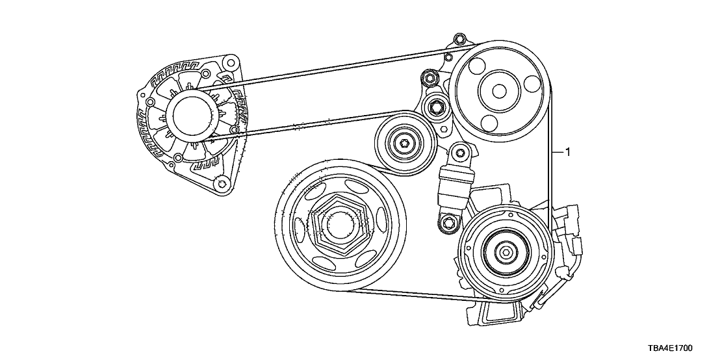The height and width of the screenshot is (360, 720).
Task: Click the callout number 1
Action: coord(567,151)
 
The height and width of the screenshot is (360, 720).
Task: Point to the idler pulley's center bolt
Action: coord(405,143)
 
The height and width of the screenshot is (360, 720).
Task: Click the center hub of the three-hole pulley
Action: coord(499,92)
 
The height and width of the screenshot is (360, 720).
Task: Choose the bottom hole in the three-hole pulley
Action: coord(490,122)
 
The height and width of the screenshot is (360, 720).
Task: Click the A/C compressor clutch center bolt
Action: coord(506,252)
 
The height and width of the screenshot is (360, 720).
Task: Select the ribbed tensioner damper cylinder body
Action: coord(454,187)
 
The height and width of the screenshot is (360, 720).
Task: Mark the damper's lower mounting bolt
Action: coord(447,222)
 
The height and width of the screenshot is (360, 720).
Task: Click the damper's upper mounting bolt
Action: coord(461,151)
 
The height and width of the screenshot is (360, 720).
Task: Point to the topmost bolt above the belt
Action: coord(459,38)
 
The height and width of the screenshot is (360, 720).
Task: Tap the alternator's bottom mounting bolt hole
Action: coord(223,184)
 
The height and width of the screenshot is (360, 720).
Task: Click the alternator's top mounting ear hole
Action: coord(231,62)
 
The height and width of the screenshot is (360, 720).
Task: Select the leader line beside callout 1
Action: coord(558,151)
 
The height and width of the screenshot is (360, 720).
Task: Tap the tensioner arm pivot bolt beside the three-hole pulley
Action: coord(433,107)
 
